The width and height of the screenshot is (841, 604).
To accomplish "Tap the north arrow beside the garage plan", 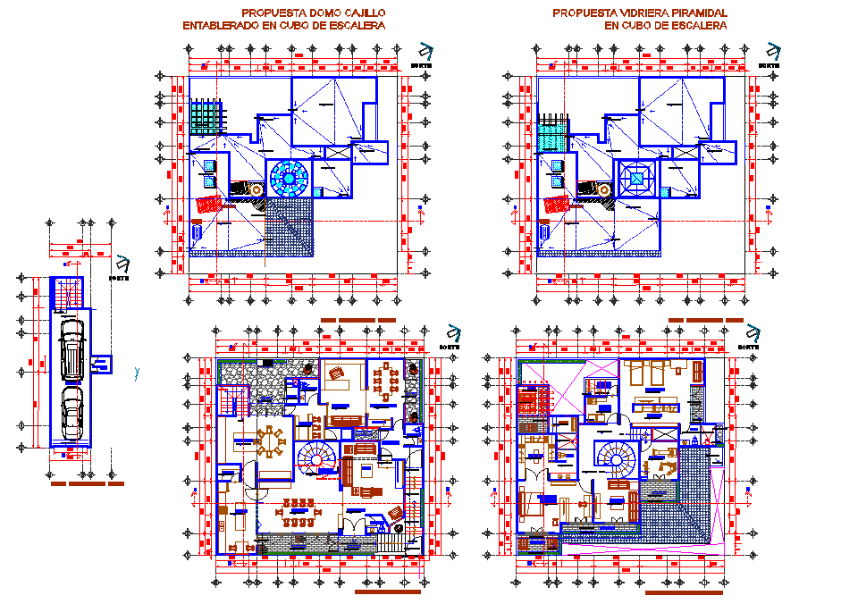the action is pyautogui.click(x=122, y=264).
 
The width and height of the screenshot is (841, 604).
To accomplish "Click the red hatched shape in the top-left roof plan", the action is pyautogui.click(x=208, y=204).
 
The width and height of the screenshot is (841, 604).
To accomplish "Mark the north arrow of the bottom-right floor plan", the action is pyautogui.click(x=744, y=332).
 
